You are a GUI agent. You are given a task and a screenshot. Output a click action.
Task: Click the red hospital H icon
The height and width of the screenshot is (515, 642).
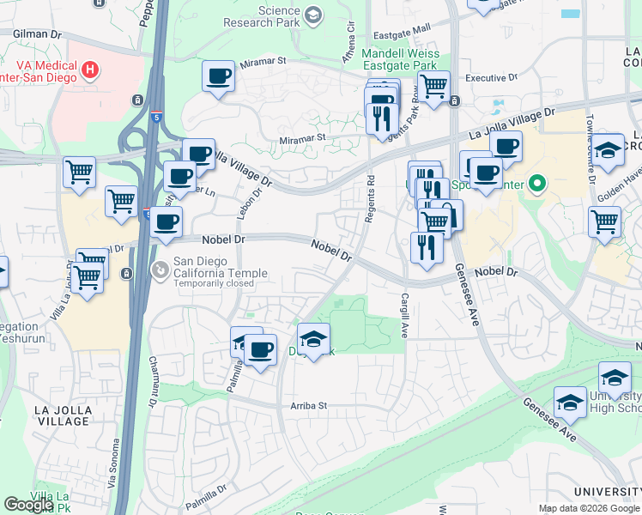[x=90, y=68]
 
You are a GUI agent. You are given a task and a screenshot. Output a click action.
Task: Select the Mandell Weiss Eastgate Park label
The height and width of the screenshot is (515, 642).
[x=401, y=59]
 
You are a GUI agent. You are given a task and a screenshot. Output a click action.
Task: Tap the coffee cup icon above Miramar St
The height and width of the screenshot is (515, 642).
[x=218, y=76]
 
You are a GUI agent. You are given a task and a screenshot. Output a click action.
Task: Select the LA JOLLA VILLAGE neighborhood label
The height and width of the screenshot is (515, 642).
[x=62, y=415]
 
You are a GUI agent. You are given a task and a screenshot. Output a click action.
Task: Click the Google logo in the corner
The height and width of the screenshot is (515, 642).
[x=28, y=505]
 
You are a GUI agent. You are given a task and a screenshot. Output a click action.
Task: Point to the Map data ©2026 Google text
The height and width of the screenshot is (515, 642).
[x=589, y=508]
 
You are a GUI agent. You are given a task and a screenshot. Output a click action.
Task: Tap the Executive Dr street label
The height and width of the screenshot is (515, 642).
[x=491, y=78]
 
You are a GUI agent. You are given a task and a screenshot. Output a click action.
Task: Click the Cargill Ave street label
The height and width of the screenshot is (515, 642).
[x=403, y=315]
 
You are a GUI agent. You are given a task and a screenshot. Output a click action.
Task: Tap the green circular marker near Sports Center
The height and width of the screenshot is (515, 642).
[x=538, y=183]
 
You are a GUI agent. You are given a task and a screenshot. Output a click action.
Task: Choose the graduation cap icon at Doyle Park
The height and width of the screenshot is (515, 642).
[x=313, y=337]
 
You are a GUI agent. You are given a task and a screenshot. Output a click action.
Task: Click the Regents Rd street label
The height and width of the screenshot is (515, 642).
[x=371, y=199]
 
